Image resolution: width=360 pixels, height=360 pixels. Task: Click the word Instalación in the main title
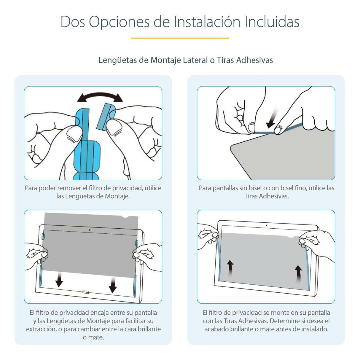(x=207, y=22)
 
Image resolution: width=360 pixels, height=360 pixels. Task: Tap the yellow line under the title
(x=180, y=38)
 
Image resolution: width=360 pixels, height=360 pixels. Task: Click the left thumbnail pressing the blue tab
(x=73, y=134)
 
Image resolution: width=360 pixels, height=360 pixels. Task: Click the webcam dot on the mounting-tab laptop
(x=90, y=230)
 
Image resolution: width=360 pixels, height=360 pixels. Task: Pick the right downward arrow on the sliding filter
(x=113, y=285)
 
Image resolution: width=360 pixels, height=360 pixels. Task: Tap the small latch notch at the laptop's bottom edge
(x=85, y=292)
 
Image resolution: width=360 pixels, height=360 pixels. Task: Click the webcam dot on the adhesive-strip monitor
(x=266, y=225)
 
